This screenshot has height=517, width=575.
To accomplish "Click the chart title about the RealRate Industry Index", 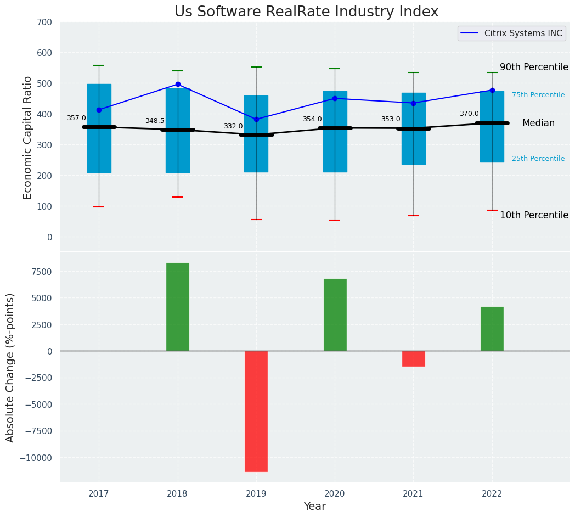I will point(306,12).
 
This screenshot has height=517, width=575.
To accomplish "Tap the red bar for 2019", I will point(256,411).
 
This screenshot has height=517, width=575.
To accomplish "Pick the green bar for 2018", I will point(178,307).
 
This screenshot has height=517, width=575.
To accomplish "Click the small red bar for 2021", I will point(413,358).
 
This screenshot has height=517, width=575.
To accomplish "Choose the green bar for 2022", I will point(492,329).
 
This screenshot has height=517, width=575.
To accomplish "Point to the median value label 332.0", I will point(233,126).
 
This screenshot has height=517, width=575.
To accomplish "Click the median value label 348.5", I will point(155,121).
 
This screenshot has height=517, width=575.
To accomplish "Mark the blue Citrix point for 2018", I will point(178,85).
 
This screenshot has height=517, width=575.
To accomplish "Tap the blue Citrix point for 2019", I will point(256,119).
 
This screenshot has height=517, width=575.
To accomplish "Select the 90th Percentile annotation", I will point(534,67).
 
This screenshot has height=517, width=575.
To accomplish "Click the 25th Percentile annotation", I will point(538,159).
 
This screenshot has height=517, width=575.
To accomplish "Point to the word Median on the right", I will point(538,123).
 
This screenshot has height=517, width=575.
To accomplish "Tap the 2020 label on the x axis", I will point(335,493).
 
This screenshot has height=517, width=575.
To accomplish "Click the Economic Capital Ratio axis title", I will point(28,137).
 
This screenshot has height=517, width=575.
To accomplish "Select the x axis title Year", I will point(315,507).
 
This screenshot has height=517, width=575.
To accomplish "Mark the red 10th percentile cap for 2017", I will point(99,207).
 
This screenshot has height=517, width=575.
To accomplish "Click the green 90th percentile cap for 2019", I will point(256,67).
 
